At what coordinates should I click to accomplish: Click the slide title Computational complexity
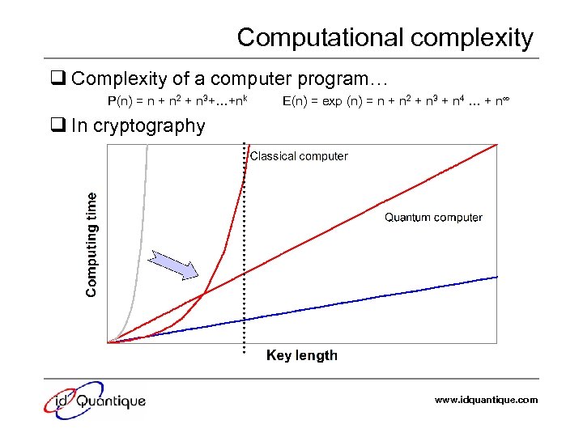point(385,38)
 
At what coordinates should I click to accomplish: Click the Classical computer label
point(299,156)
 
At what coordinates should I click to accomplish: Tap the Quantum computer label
point(433,217)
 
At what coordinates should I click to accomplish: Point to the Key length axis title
point(302,355)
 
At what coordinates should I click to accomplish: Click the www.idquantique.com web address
point(486,400)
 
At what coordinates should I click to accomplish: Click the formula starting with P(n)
point(177,101)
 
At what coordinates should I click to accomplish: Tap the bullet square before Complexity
point(58,79)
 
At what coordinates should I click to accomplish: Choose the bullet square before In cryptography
point(58,125)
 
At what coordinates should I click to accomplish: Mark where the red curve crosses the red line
point(202,293)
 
